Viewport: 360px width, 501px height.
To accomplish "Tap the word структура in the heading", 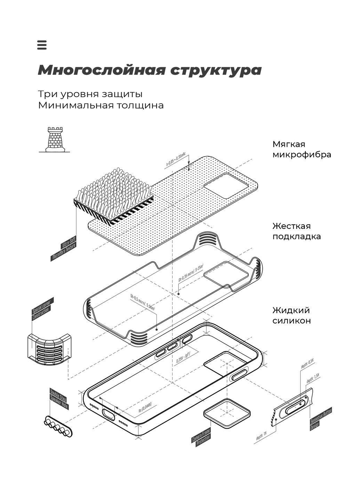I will tap(216, 70).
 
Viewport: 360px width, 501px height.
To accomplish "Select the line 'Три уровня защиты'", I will tap(90, 94).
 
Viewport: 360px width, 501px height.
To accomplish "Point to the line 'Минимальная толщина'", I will tap(101, 105).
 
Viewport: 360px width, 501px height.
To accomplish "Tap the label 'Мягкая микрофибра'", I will tap(301, 149).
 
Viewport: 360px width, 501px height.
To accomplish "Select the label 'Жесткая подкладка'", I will tap(296, 231).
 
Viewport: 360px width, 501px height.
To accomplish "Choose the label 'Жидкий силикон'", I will tap(291, 315).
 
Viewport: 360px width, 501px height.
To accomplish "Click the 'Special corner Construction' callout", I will tap(42, 309).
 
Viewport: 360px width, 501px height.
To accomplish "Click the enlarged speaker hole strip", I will tap(58, 427).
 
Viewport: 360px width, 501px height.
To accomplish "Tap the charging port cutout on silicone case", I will tap(109, 414).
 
